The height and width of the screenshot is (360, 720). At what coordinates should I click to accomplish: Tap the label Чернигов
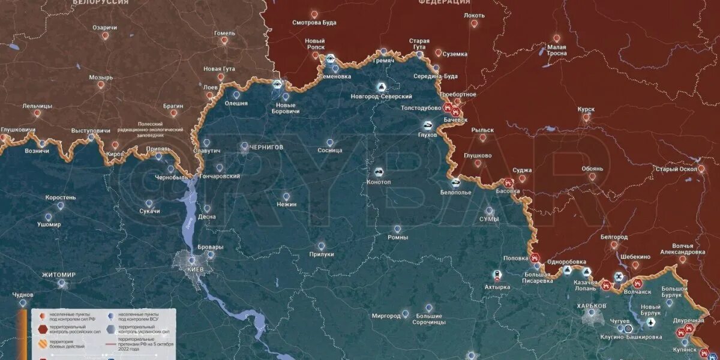click(267, 147)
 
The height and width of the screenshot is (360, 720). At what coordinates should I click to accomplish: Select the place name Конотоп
click(379, 182)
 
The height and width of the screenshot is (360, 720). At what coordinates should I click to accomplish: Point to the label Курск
click(586, 109)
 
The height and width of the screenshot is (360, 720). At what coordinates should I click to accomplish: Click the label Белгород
click(614, 237)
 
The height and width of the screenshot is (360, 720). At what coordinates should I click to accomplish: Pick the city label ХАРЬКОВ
click(592, 306)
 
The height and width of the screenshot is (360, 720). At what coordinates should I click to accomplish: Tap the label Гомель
click(224, 33)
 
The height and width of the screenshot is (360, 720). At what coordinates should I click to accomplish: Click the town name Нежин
click(287, 205)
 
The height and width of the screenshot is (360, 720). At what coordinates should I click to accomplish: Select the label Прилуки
click(321, 254)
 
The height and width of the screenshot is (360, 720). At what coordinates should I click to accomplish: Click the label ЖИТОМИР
click(59, 275)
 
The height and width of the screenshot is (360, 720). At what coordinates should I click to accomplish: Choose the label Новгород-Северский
click(382, 97)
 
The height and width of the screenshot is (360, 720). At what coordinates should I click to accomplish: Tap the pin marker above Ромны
click(397, 229)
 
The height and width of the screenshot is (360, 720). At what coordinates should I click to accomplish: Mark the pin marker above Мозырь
click(101, 85)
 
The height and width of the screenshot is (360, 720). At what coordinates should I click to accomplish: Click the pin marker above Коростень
click(61, 206)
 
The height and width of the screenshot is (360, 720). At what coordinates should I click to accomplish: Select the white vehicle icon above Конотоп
click(379, 172)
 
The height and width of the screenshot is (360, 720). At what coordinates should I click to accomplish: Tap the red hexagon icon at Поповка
click(533, 259)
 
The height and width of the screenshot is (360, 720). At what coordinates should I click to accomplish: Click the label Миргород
click(386, 316)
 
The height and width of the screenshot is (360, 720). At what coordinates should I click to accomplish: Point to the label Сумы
click(489, 220)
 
